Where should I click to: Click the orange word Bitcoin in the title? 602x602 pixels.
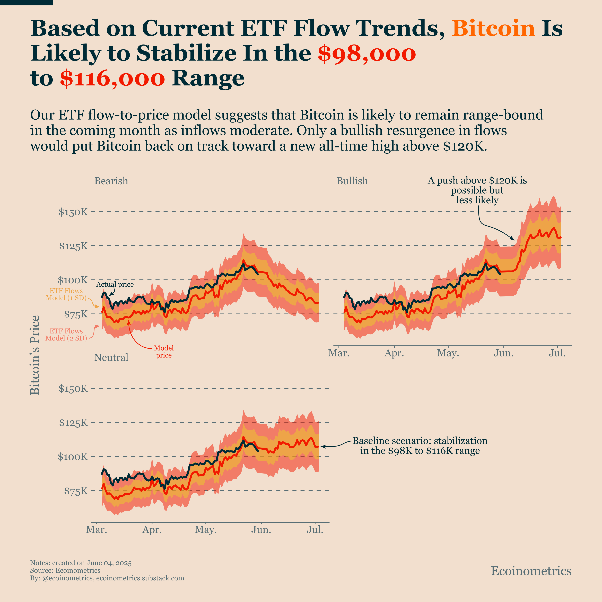[493, 28]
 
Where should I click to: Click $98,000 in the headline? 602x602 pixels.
[367, 53]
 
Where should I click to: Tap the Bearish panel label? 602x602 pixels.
[111, 181]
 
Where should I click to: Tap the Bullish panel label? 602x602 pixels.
[352, 181]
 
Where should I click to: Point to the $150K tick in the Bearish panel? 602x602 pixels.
[73, 212]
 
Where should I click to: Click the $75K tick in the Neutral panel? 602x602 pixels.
[76, 491]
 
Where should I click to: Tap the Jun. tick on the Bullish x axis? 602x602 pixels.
[503, 353]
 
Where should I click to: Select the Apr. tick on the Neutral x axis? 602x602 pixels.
[152, 530]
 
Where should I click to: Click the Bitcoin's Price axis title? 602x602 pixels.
[35, 355]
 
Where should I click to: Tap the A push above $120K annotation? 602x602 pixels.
[477, 190]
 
